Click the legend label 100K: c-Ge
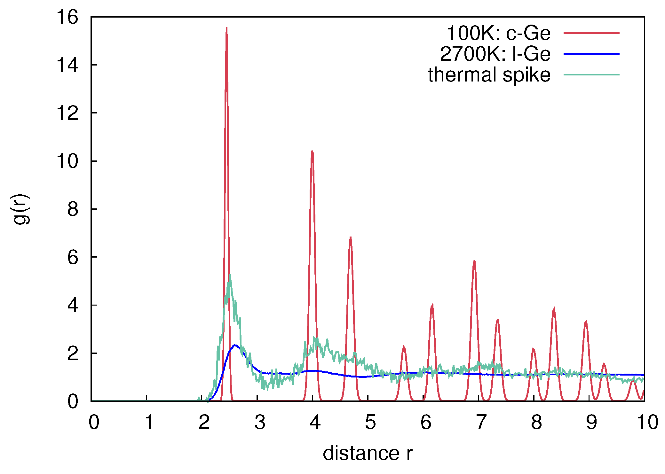tap(498, 33)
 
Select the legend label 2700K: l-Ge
tap(495, 54)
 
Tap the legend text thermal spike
tap(489, 75)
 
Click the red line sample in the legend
tap(591, 33)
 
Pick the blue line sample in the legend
tap(591, 54)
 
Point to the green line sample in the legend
tap(591, 75)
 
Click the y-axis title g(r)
tap(21, 209)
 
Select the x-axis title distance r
tap(368, 453)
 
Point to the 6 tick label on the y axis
tap(73, 257)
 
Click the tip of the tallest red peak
tap(226, 27)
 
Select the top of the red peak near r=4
tap(312, 151)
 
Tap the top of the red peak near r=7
tap(474, 260)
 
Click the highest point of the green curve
tap(230, 275)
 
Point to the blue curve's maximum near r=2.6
tap(235, 345)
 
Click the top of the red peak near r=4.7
tap(351, 237)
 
